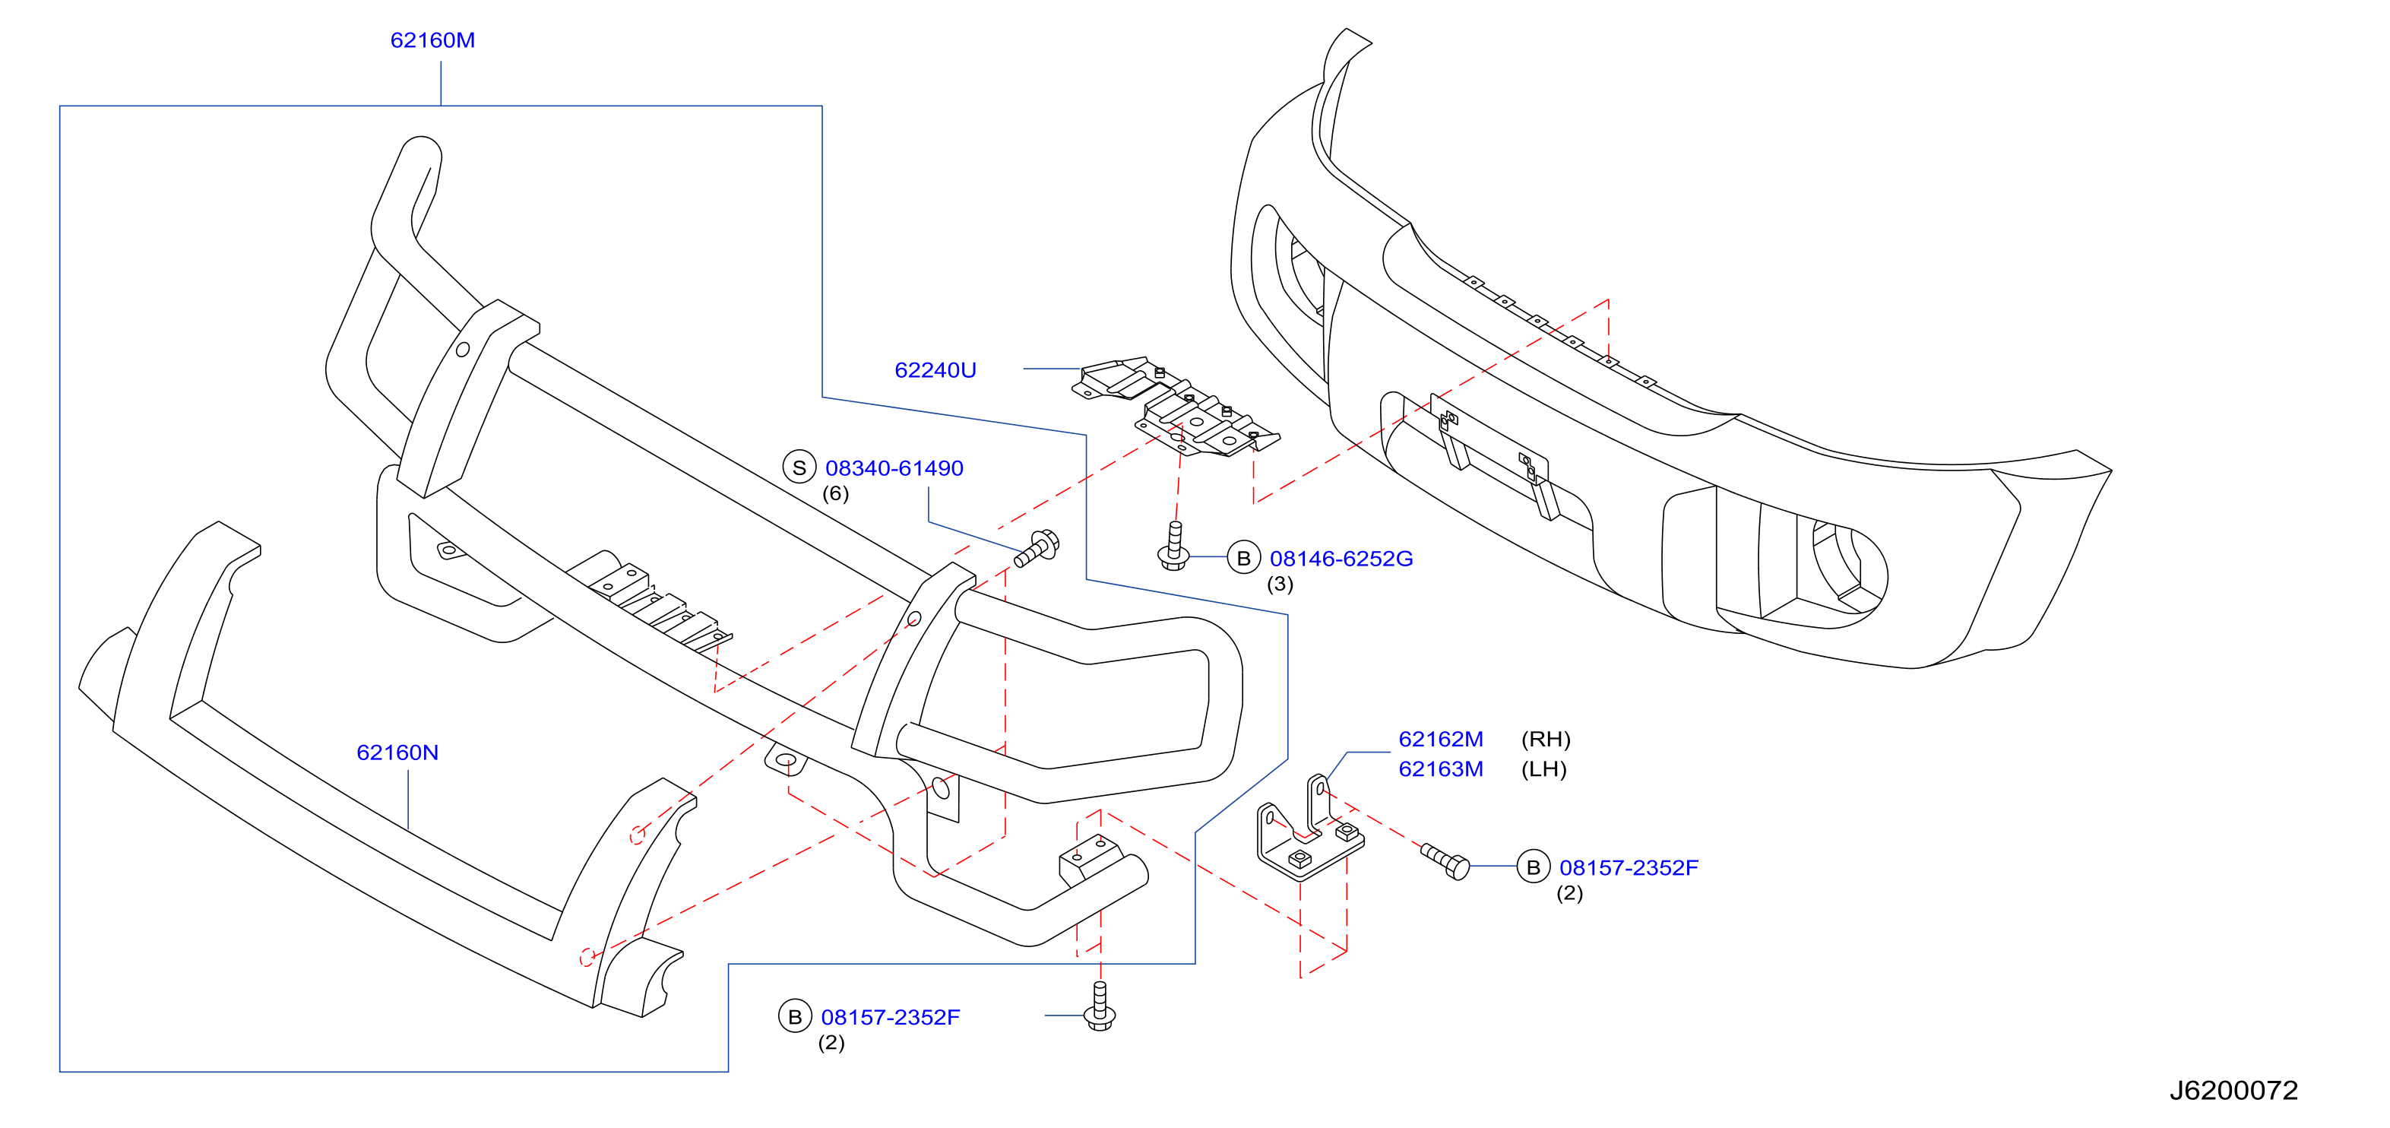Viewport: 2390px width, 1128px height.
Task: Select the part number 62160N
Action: [x=397, y=753]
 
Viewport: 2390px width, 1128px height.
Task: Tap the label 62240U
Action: [x=935, y=370]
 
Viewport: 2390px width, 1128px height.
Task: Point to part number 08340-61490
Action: [x=894, y=468]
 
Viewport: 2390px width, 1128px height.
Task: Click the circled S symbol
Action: [x=799, y=467]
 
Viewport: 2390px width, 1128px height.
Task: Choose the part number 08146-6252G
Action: [x=1341, y=559]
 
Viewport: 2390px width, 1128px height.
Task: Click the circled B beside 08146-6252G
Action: [x=1243, y=557]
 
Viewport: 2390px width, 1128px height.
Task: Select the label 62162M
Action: [x=1441, y=740]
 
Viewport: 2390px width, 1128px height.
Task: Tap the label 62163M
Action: [x=1441, y=769]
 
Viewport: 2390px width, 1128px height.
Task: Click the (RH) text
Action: [x=1546, y=740]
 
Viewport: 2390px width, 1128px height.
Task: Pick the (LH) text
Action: [x=1544, y=769]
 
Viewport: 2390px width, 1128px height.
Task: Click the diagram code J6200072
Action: [x=2233, y=1090]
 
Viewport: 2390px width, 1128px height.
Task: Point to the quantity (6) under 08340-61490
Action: [x=835, y=493]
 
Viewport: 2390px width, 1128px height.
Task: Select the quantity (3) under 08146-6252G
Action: [x=1280, y=585]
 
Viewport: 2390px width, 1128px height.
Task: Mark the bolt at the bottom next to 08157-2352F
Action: [x=1100, y=1006]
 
